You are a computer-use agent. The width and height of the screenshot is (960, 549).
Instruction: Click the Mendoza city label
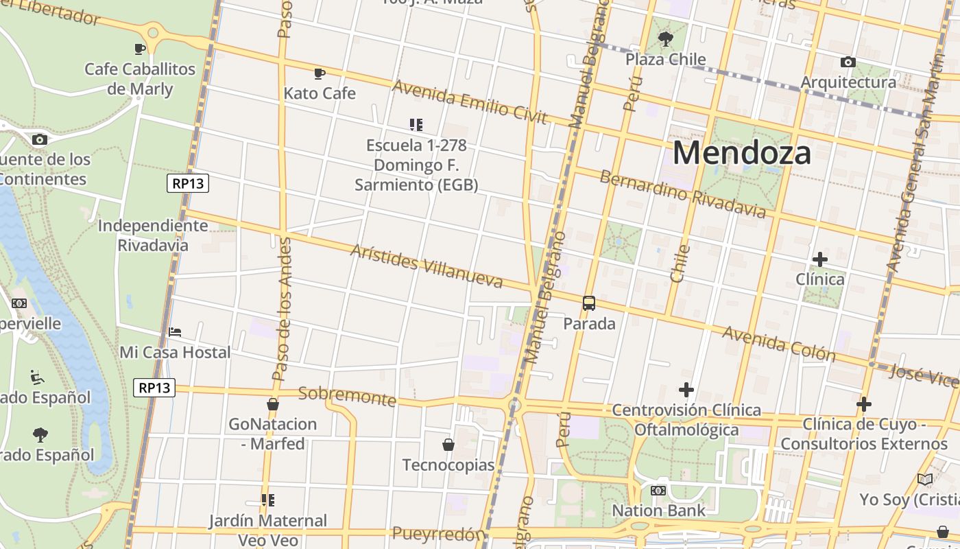pos(741,152)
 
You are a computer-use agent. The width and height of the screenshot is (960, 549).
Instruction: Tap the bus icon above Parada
pos(588,303)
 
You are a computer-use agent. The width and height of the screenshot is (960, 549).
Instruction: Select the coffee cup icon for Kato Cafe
pos(319,73)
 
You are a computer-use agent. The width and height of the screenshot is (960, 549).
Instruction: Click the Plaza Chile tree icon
pos(665,38)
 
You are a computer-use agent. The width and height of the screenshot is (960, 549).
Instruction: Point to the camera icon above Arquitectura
pos(848,62)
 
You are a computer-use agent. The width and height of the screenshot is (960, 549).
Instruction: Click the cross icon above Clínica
pos(819,259)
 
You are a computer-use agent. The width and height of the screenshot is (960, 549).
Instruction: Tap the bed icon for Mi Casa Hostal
pos(175,332)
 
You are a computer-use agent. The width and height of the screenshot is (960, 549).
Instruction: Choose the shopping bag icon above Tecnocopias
pos(448,445)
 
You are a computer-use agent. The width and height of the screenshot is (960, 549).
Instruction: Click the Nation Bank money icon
pos(658,491)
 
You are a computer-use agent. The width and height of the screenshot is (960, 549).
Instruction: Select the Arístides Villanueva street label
pos(426,266)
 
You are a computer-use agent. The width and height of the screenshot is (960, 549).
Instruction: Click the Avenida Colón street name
pos(779,343)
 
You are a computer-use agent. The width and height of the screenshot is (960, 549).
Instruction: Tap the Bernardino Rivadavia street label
pos(682,194)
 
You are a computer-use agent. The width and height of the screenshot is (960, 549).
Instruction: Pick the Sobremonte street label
pos(347,396)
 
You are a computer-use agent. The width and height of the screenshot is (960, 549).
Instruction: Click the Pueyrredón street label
pos(439,534)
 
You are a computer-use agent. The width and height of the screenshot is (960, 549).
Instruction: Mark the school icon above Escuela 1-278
pos(416,124)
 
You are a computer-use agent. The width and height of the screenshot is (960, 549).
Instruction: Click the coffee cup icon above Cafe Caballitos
pos(140,49)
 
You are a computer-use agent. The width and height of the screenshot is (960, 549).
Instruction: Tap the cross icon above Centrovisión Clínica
pos(686,390)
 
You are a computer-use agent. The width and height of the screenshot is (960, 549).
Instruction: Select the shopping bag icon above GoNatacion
pos(273,404)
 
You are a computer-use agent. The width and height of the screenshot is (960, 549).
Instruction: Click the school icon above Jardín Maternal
pos(267,500)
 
